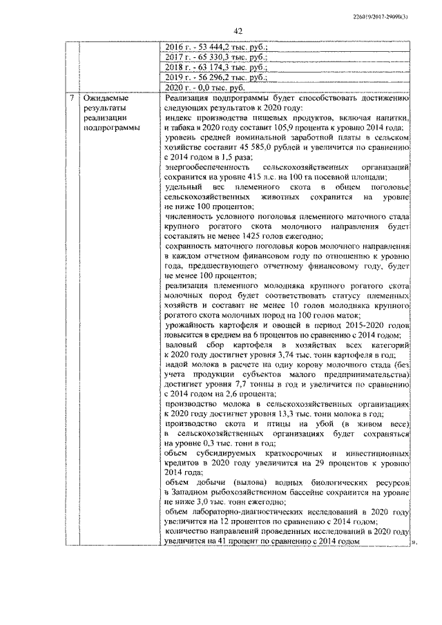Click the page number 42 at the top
tap(238, 31)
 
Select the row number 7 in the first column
tap(72, 98)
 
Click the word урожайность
tap(192, 325)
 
